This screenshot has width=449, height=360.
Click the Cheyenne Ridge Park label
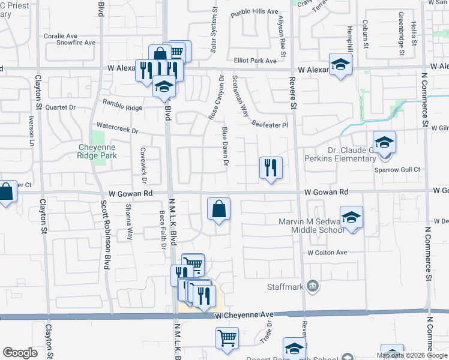point(97,150)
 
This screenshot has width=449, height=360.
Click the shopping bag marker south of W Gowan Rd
point(219,209)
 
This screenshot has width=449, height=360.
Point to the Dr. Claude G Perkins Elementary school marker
point(385,143)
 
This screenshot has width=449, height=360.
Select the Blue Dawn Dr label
point(225,148)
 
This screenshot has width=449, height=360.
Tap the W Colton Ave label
point(328,253)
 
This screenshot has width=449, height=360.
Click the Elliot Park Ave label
point(256,60)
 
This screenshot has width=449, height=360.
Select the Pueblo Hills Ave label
point(255,11)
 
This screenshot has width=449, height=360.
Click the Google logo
point(20,353)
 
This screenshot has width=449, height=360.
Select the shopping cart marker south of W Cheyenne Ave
point(227,338)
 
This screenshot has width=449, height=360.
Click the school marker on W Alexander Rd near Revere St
point(340,65)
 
